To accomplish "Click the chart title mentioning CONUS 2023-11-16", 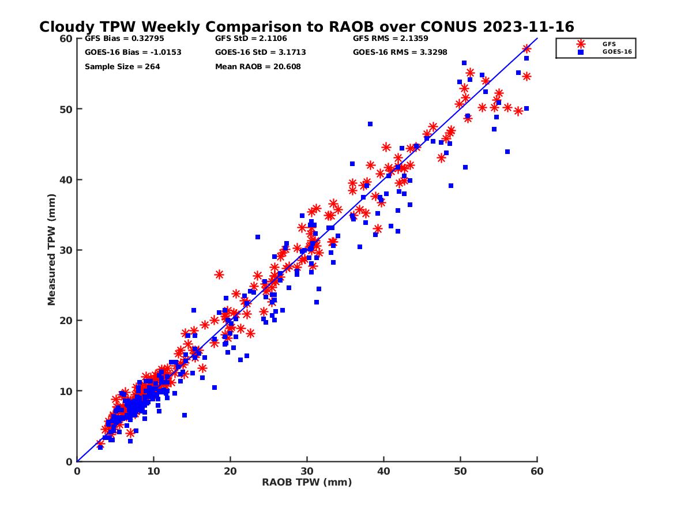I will point(306,27).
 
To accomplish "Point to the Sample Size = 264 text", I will point(122,66).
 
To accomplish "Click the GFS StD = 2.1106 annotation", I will point(246,39).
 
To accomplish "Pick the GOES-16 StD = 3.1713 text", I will point(261,52).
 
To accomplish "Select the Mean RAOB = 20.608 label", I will point(258,66).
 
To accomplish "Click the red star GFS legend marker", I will point(581,44).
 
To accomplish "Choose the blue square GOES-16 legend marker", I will point(581,52).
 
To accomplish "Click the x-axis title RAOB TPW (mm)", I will point(307,483).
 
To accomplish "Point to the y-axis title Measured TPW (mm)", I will point(52,250).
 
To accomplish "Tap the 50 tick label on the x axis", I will point(460,472).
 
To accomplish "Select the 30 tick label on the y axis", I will point(66,250).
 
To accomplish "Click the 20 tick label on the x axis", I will point(230,472).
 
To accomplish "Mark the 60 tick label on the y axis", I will point(66,39).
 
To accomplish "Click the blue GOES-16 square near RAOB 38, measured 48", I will point(370,124).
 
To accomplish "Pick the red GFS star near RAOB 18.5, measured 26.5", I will point(219,274).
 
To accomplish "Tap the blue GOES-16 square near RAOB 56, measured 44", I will point(507,152).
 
